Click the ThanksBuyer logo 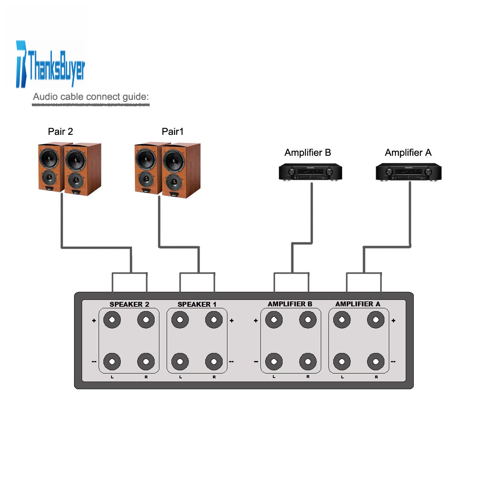click(x=50, y=64)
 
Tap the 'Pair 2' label click(x=60, y=132)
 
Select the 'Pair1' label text click(x=172, y=132)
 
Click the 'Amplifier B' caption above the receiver click(x=308, y=153)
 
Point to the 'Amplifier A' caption click(x=408, y=153)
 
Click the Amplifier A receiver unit click(x=408, y=172)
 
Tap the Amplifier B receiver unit click(x=310, y=172)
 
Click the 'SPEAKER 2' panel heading click(x=129, y=304)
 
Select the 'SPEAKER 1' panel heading click(x=197, y=304)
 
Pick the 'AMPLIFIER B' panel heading click(x=290, y=304)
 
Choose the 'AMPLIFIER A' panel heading click(x=358, y=304)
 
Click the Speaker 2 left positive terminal click(x=112, y=320)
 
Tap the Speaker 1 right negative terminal click(x=214, y=361)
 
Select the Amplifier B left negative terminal click(x=274, y=361)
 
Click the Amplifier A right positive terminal click(x=376, y=320)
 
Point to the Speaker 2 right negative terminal click(x=146, y=361)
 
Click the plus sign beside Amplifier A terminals click(x=394, y=320)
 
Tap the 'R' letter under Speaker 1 click(x=214, y=377)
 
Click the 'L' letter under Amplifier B click(x=274, y=376)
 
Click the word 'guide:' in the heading click(x=136, y=97)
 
